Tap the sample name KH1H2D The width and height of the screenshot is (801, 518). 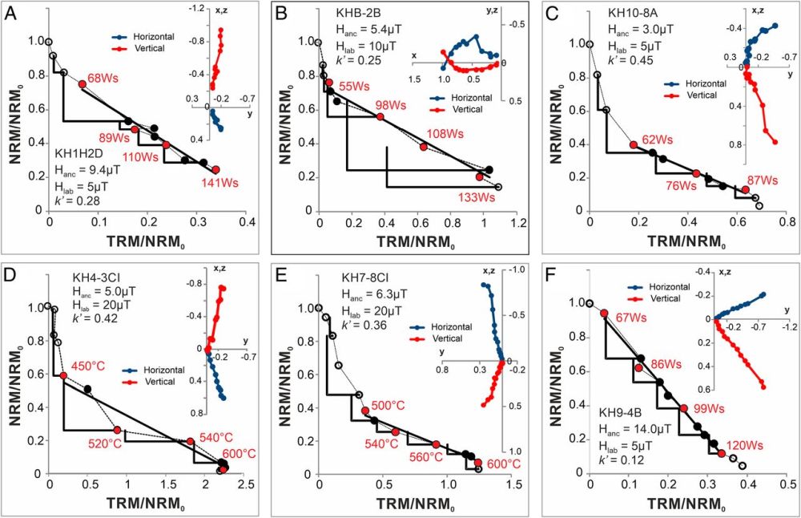pos(81,152)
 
